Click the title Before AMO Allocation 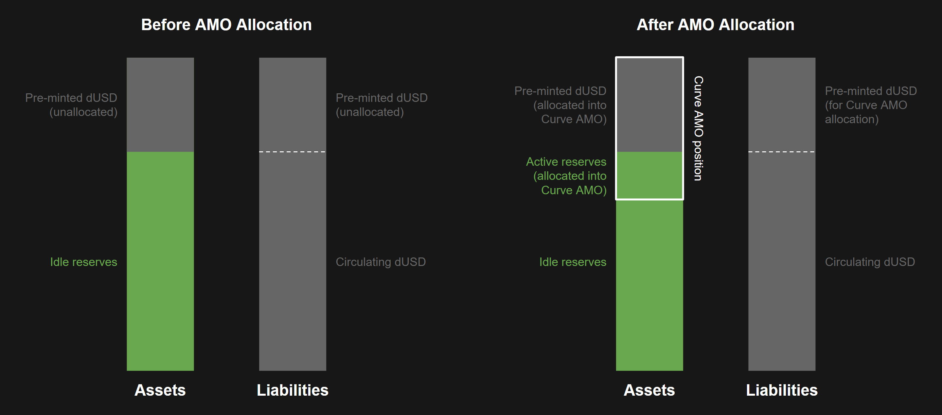(226, 25)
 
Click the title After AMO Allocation (715, 25)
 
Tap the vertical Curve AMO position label (699, 128)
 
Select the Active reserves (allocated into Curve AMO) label (566, 176)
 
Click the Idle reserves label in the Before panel (83, 262)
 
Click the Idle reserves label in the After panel (573, 262)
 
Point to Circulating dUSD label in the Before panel (381, 262)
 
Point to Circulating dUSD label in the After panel (870, 262)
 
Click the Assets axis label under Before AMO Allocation (160, 390)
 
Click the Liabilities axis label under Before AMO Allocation (293, 390)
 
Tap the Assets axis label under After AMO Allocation (649, 390)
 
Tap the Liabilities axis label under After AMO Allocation (782, 390)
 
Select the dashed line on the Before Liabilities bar (293, 152)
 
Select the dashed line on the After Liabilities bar (782, 152)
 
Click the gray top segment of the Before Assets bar (160, 105)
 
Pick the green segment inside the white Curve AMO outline (649, 175)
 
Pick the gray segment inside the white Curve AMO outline (649, 105)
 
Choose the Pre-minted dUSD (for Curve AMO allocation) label (870, 105)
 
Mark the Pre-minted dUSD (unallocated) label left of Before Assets (71, 105)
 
